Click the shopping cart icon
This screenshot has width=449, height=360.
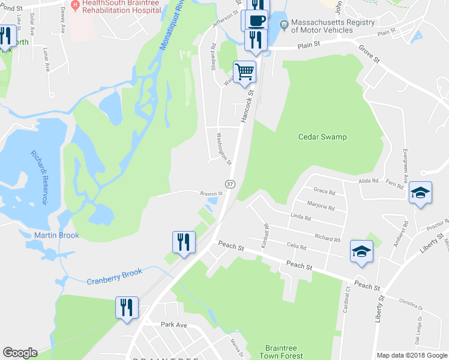click(x=244, y=72)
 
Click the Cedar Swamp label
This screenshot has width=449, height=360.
click(x=322, y=137)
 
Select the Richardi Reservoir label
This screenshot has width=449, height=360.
click(x=39, y=178)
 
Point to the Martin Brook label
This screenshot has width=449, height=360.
click(x=56, y=235)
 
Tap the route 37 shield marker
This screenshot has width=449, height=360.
click(x=230, y=182)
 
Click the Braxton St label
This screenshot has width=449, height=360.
click(x=211, y=193)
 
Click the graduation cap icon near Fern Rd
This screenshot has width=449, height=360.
click(x=420, y=193)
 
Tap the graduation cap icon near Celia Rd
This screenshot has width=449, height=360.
click(x=361, y=251)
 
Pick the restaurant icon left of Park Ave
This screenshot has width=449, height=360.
click(x=127, y=307)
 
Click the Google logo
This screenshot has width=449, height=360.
click(x=20, y=353)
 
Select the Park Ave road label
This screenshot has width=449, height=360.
click(x=174, y=325)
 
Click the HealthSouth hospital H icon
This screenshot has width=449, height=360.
click(x=75, y=5)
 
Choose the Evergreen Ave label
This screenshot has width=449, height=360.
click(x=405, y=166)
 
